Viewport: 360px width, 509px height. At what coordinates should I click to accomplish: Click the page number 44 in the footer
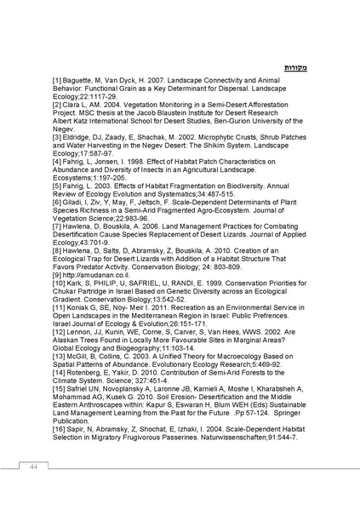click(x=32, y=467)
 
